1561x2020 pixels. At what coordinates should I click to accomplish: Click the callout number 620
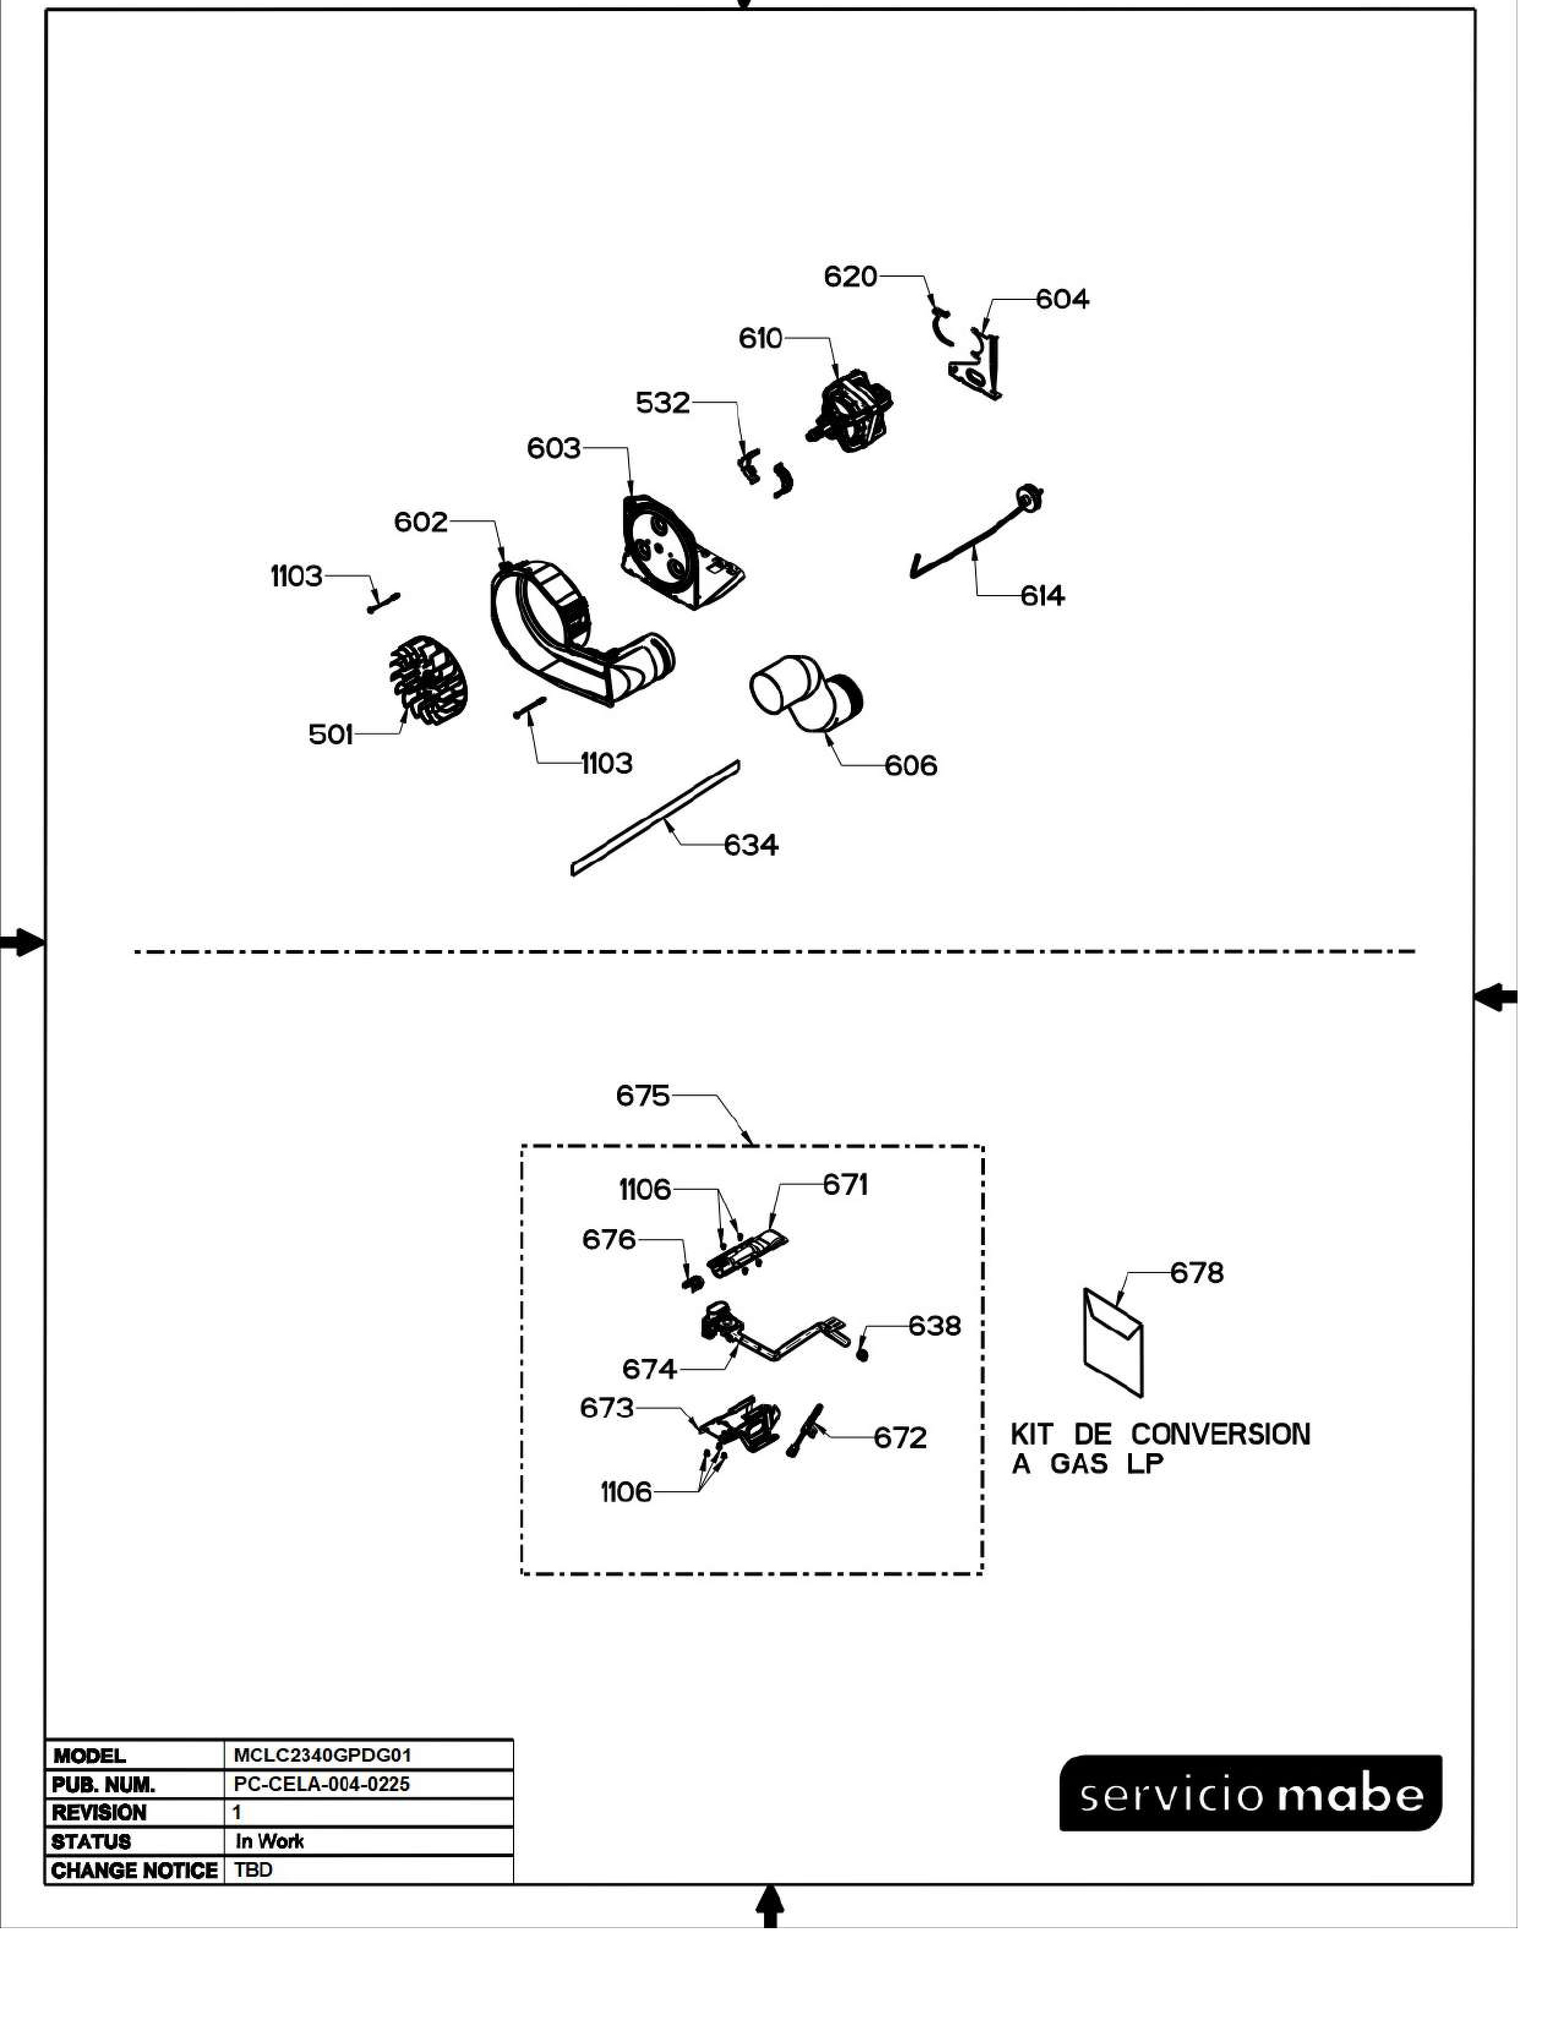(x=850, y=277)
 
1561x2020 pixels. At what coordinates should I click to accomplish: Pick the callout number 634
(x=750, y=845)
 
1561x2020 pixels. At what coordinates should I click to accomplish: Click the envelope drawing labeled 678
(x=1112, y=1341)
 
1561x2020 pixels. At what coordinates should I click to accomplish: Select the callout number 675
(x=642, y=1096)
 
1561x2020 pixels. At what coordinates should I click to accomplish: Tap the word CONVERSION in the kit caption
(x=1220, y=1435)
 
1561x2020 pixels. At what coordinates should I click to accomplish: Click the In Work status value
(x=269, y=1841)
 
